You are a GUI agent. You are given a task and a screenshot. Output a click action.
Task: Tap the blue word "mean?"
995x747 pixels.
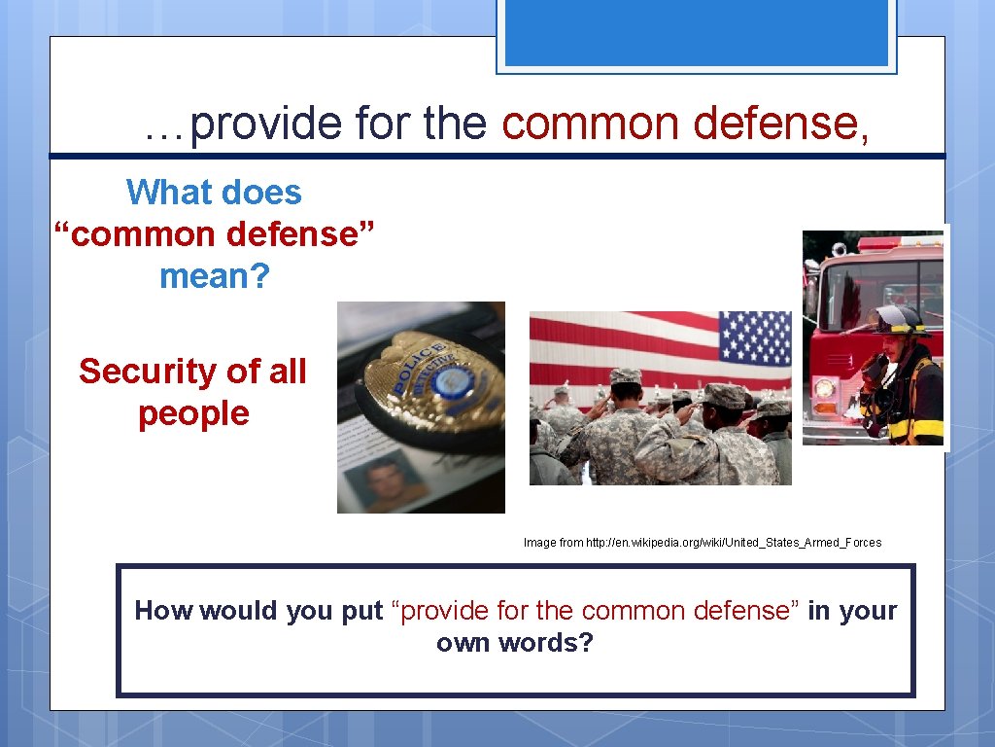coord(214,276)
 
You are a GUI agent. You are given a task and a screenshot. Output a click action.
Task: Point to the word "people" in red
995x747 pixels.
coord(193,413)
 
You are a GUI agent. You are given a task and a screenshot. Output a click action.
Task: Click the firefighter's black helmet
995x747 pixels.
coord(900,319)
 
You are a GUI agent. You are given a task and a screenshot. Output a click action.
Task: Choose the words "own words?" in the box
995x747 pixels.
coord(514,644)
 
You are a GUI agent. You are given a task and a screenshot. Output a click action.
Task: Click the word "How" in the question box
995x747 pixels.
coord(156,611)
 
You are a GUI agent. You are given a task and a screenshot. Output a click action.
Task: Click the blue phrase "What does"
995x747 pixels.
coord(214,193)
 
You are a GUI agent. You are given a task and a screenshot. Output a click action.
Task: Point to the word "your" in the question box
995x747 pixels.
coord(867,611)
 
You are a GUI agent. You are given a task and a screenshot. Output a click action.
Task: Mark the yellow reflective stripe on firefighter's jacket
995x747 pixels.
coord(923,427)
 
